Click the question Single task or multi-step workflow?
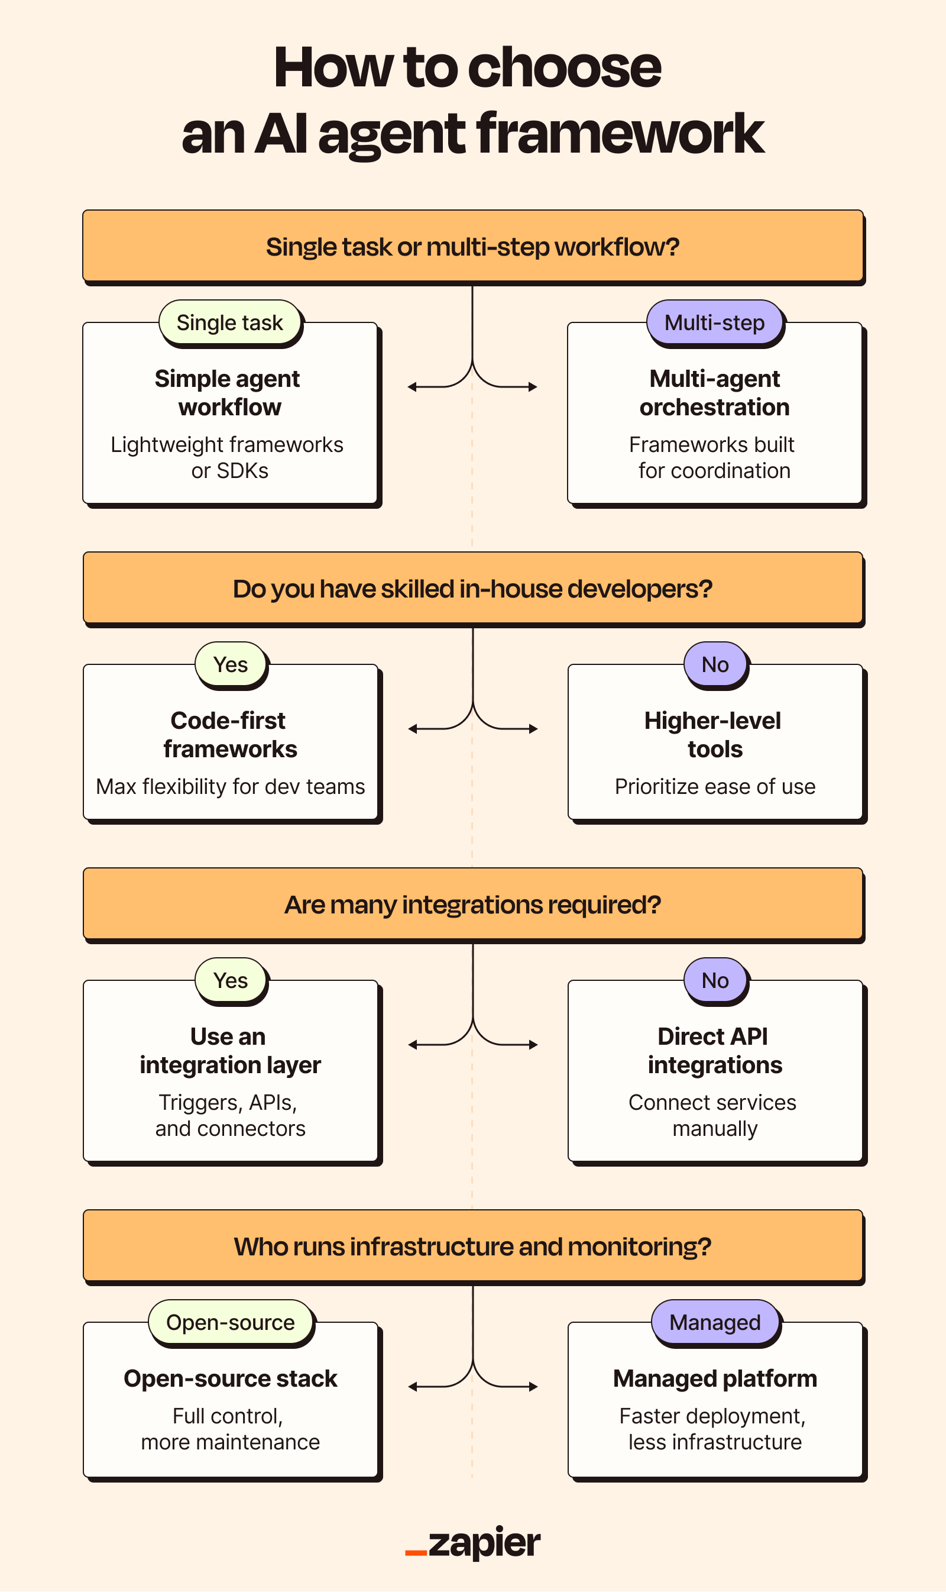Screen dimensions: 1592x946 click(472, 247)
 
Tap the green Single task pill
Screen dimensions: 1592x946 click(229, 323)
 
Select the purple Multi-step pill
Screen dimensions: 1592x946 click(714, 323)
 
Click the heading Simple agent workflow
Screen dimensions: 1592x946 click(228, 393)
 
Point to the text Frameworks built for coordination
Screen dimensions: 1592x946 click(712, 457)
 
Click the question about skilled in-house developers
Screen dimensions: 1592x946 click(472, 589)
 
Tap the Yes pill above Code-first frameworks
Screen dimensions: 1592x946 click(230, 664)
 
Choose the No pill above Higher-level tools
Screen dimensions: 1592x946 click(715, 664)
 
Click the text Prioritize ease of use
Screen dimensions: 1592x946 click(715, 786)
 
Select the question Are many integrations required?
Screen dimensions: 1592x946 click(472, 905)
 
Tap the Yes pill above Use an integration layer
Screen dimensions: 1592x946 click(230, 980)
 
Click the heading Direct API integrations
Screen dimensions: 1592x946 click(714, 1051)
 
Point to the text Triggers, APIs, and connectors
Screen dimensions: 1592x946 click(229, 1115)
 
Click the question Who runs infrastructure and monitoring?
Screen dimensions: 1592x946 click(472, 1247)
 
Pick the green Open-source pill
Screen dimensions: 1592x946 click(230, 1322)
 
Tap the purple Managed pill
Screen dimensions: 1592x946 click(715, 1322)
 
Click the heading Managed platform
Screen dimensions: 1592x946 click(715, 1378)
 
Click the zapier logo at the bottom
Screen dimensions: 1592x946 click(472, 1543)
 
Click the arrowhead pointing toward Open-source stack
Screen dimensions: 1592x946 click(413, 1387)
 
